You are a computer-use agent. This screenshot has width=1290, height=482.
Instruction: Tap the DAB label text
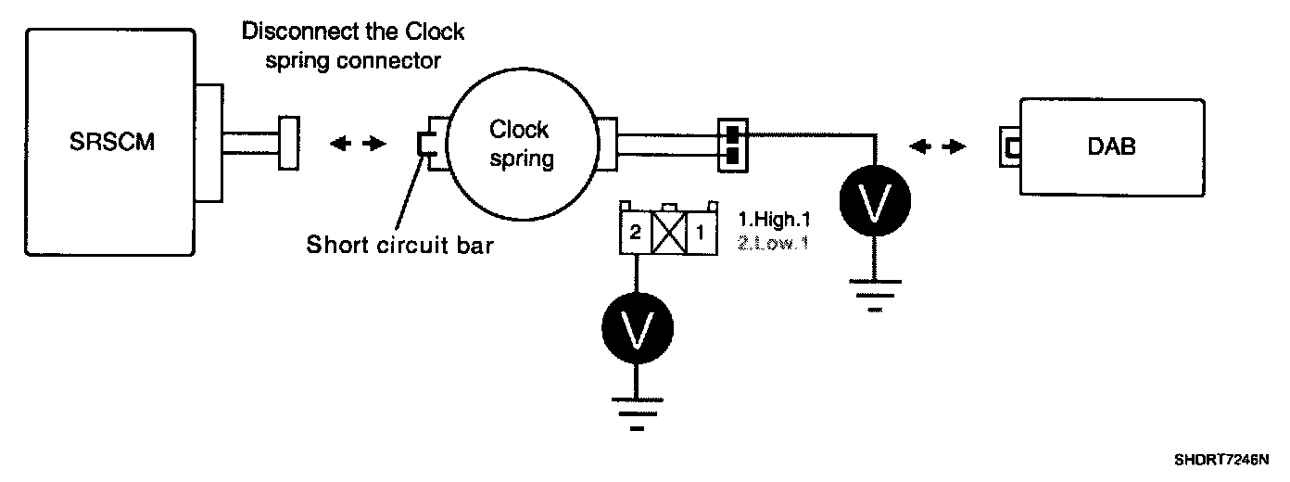coord(1113,146)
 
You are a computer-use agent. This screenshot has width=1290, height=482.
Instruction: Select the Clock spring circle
coord(519,144)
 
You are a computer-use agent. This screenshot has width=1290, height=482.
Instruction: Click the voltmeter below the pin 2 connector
coord(637,329)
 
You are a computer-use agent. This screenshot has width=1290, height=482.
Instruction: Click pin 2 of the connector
coord(635,233)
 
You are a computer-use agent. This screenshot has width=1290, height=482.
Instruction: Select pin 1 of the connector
coord(701,233)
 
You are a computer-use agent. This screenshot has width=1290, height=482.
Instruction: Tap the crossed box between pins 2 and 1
coord(667,233)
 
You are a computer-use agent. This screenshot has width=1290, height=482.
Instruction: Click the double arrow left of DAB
coord(939,146)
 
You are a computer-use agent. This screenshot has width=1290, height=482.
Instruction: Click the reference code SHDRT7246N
coord(1220,459)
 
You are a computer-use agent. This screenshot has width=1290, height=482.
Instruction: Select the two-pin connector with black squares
coord(731,146)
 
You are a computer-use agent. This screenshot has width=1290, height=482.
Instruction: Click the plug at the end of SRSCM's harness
coord(288,144)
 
